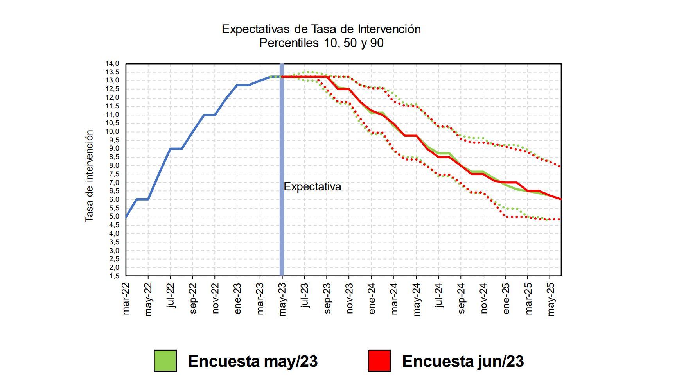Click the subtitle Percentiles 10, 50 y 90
[321, 43]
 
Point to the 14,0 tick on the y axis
[112, 64]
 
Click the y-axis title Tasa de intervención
[89, 176]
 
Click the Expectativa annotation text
[312, 187]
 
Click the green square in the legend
[165, 360]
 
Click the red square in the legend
[379, 360]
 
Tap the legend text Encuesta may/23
[253, 361]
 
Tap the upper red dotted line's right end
[560, 166]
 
